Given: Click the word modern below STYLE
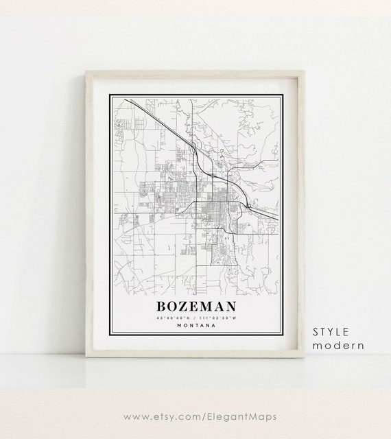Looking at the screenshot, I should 338,345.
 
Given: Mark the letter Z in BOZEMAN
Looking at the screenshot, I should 185,305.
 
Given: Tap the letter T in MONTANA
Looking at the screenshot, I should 198,325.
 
